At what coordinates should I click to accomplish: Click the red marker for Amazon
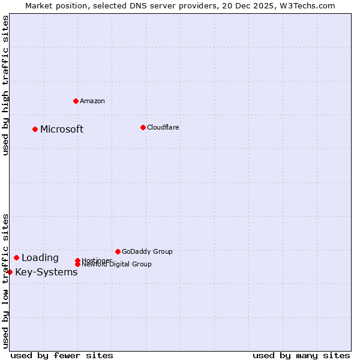[x=76, y=101]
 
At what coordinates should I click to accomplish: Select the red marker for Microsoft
[x=35, y=129]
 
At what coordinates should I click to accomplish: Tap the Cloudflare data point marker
[x=143, y=127]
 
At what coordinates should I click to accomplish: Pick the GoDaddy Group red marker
[x=118, y=251]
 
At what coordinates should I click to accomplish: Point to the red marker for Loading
[x=16, y=257]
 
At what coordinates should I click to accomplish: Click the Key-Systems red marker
[x=10, y=272]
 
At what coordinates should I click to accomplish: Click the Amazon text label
[x=92, y=101]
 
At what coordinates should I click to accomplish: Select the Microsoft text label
[x=62, y=129]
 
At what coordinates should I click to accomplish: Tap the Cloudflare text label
[x=163, y=127]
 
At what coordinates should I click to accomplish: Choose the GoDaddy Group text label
[x=147, y=251]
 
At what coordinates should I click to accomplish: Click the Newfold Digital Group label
[x=116, y=264]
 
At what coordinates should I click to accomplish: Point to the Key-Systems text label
[x=46, y=272]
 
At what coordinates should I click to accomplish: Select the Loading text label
[x=40, y=258]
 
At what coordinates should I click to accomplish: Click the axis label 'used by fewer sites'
[x=62, y=355]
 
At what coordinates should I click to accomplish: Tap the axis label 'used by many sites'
[x=301, y=355]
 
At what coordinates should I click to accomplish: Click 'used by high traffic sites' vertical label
[x=5, y=85]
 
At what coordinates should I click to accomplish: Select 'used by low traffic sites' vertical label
[x=5, y=280]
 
